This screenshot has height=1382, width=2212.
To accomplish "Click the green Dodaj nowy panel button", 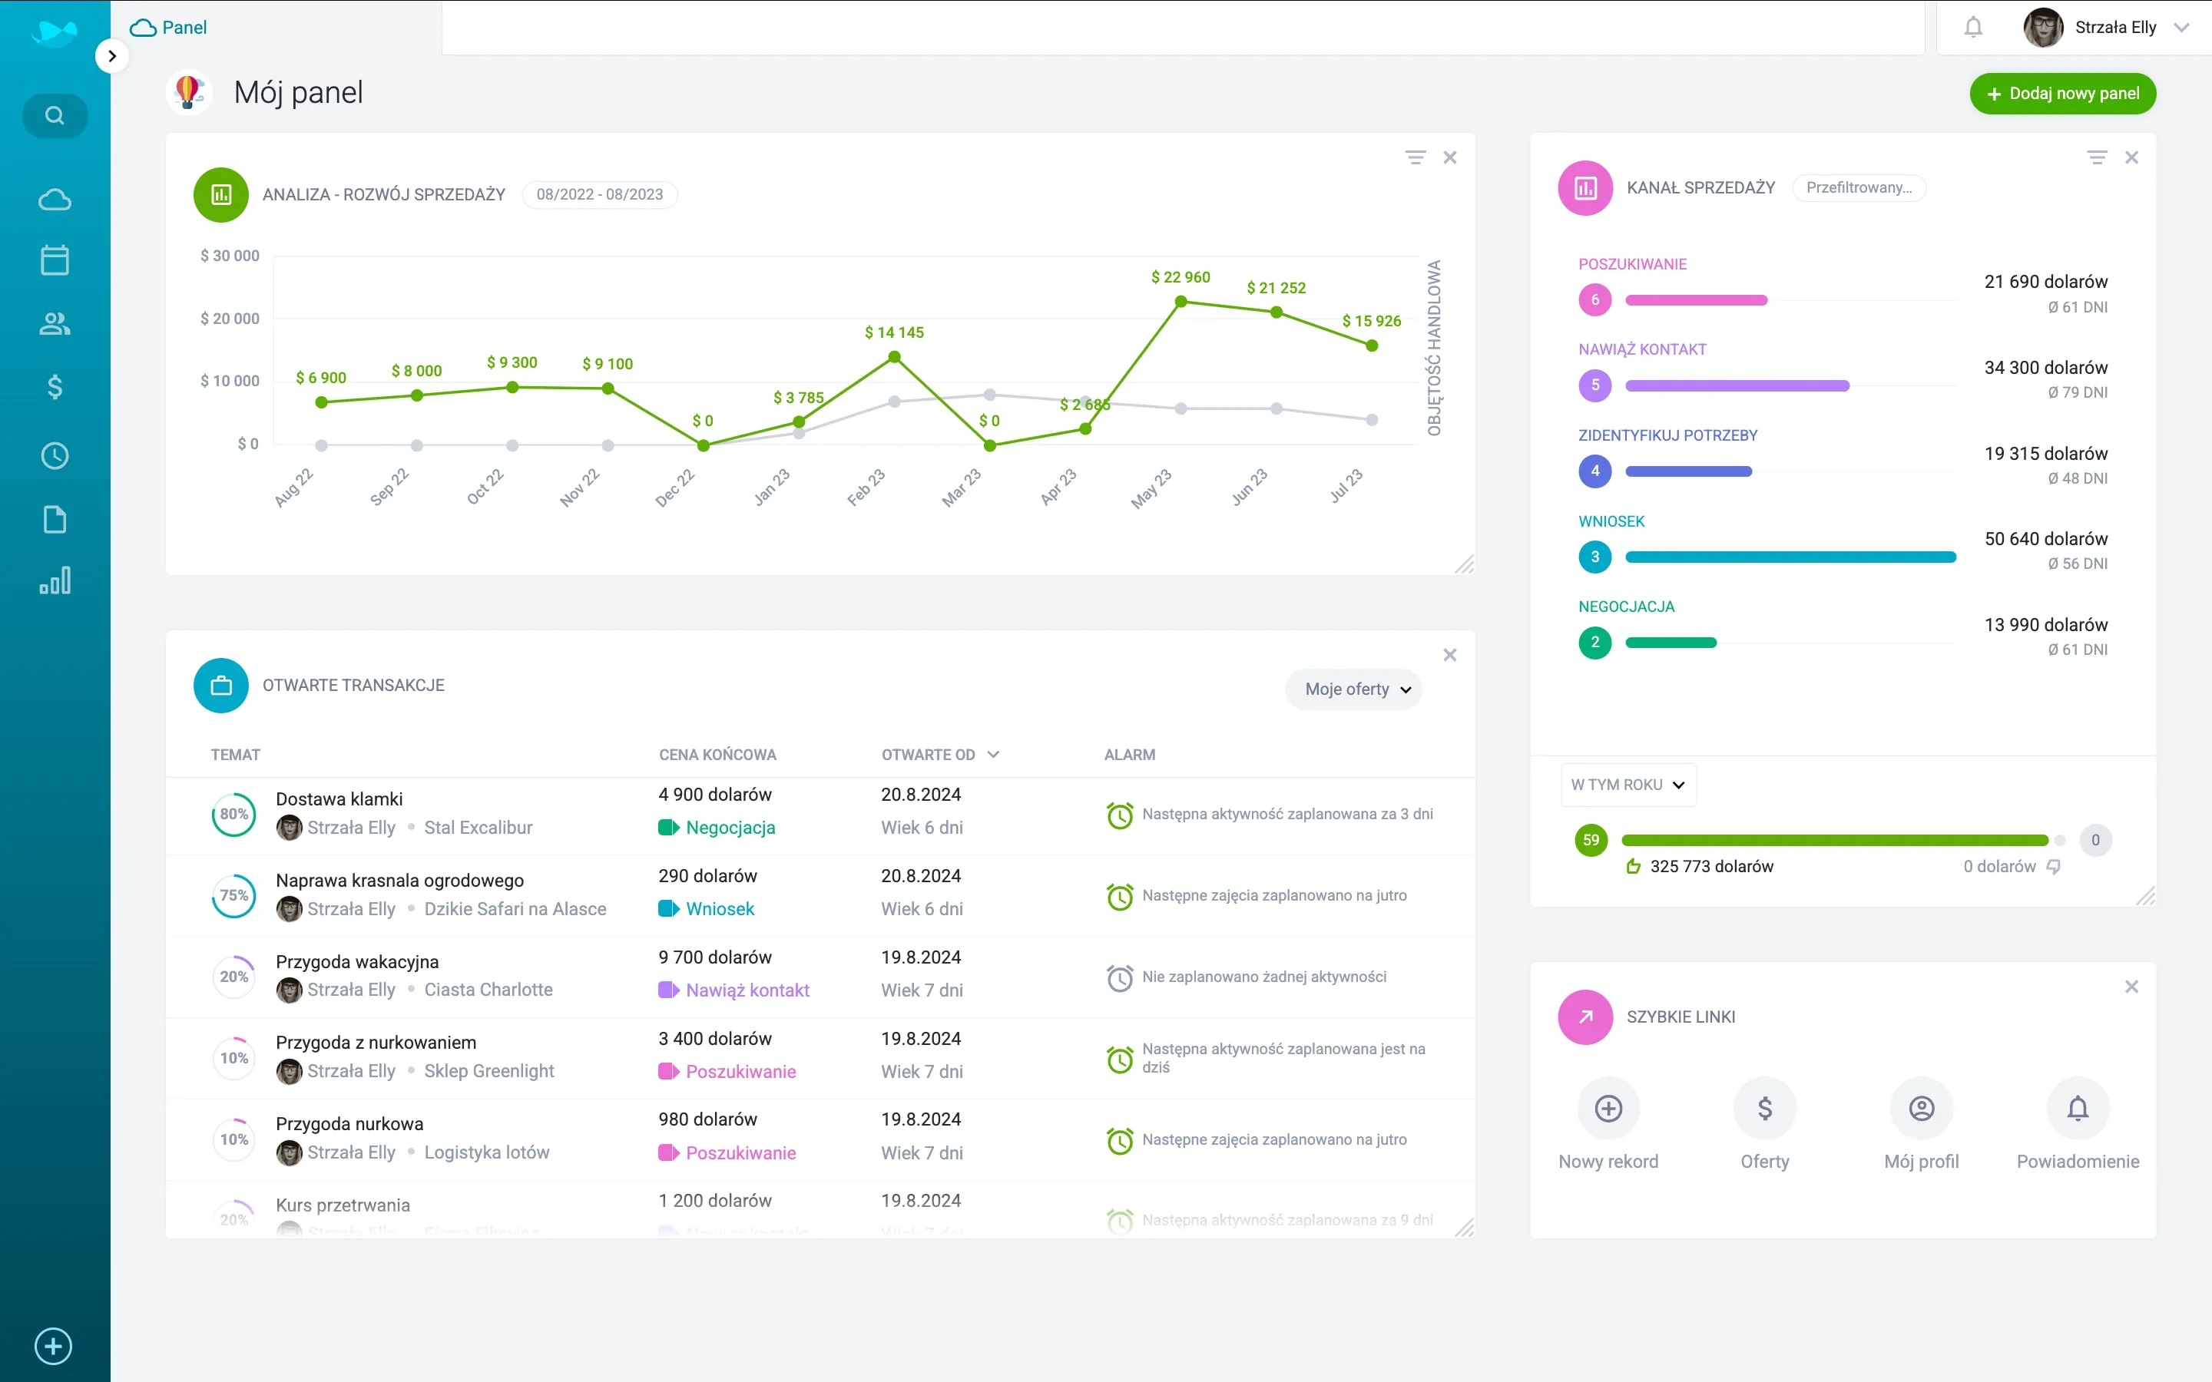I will tap(2062, 93).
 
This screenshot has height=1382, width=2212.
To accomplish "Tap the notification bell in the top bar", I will tap(1973, 28).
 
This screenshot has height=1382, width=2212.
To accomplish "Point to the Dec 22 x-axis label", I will tap(675, 488).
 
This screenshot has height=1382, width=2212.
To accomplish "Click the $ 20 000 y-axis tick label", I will tap(230, 318).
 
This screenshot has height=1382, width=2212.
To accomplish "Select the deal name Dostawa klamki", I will tap(339, 798).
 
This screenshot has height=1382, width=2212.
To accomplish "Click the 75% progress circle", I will tap(234, 896).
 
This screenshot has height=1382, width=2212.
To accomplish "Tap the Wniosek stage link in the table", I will tap(720, 908).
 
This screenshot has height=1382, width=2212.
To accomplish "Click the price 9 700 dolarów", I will tap(715, 957).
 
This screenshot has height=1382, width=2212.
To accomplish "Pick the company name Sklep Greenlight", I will tap(489, 1071).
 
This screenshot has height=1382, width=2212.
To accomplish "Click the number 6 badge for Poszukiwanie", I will tap(1595, 299).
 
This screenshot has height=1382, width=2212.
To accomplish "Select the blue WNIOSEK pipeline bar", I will tap(1790, 557).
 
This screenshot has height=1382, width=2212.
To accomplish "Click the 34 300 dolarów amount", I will tap(2045, 368).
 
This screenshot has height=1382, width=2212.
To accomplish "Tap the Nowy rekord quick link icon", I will tap(1608, 1109).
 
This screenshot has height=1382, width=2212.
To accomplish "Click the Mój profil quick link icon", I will tap(1922, 1109).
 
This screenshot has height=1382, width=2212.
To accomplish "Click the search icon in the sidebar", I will tap(55, 116).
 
